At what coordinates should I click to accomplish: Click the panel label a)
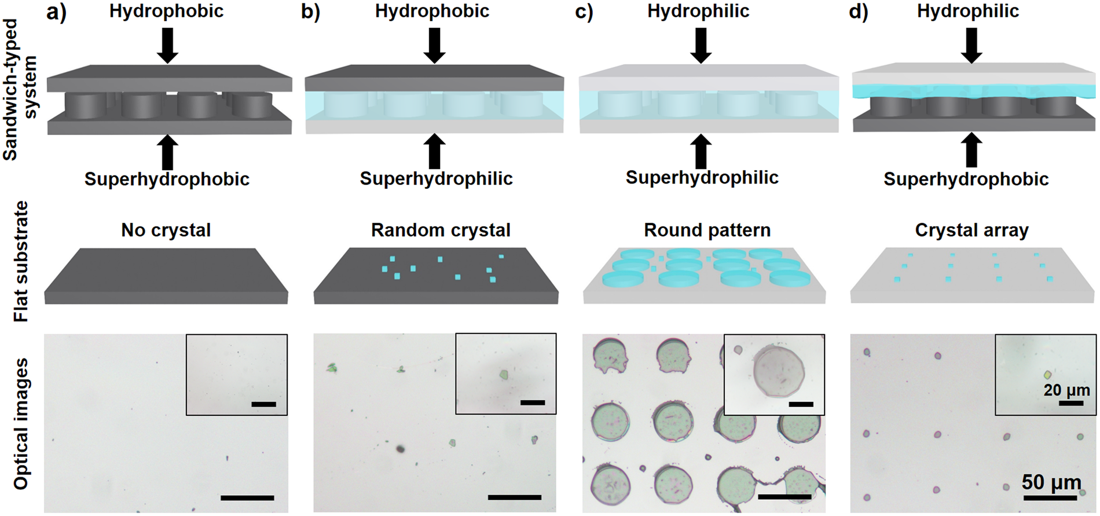(x=56, y=12)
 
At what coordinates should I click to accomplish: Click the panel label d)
(x=859, y=12)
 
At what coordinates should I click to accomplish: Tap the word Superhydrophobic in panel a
(x=167, y=179)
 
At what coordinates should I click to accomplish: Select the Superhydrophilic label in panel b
(x=436, y=178)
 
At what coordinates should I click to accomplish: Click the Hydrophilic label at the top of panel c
(x=698, y=11)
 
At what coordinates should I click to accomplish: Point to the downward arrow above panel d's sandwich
(x=971, y=45)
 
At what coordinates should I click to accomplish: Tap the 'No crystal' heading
(x=166, y=230)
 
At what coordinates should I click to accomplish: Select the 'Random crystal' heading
(x=441, y=230)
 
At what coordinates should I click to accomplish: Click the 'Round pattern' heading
(x=707, y=230)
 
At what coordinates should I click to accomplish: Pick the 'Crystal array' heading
(x=971, y=230)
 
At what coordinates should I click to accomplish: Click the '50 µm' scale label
(x=1051, y=482)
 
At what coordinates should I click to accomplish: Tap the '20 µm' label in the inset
(x=1066, y=390)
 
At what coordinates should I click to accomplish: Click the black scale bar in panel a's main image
(x=247, y=497)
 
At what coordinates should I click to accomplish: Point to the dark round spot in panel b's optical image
(x=399, y=448)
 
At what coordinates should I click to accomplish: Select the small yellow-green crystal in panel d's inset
(x=1047, y=375)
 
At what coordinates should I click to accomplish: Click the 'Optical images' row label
(x=21, y=424)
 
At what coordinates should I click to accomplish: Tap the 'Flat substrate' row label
(x=21, y=261)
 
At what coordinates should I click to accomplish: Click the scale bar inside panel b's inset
(x=532, y=402)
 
